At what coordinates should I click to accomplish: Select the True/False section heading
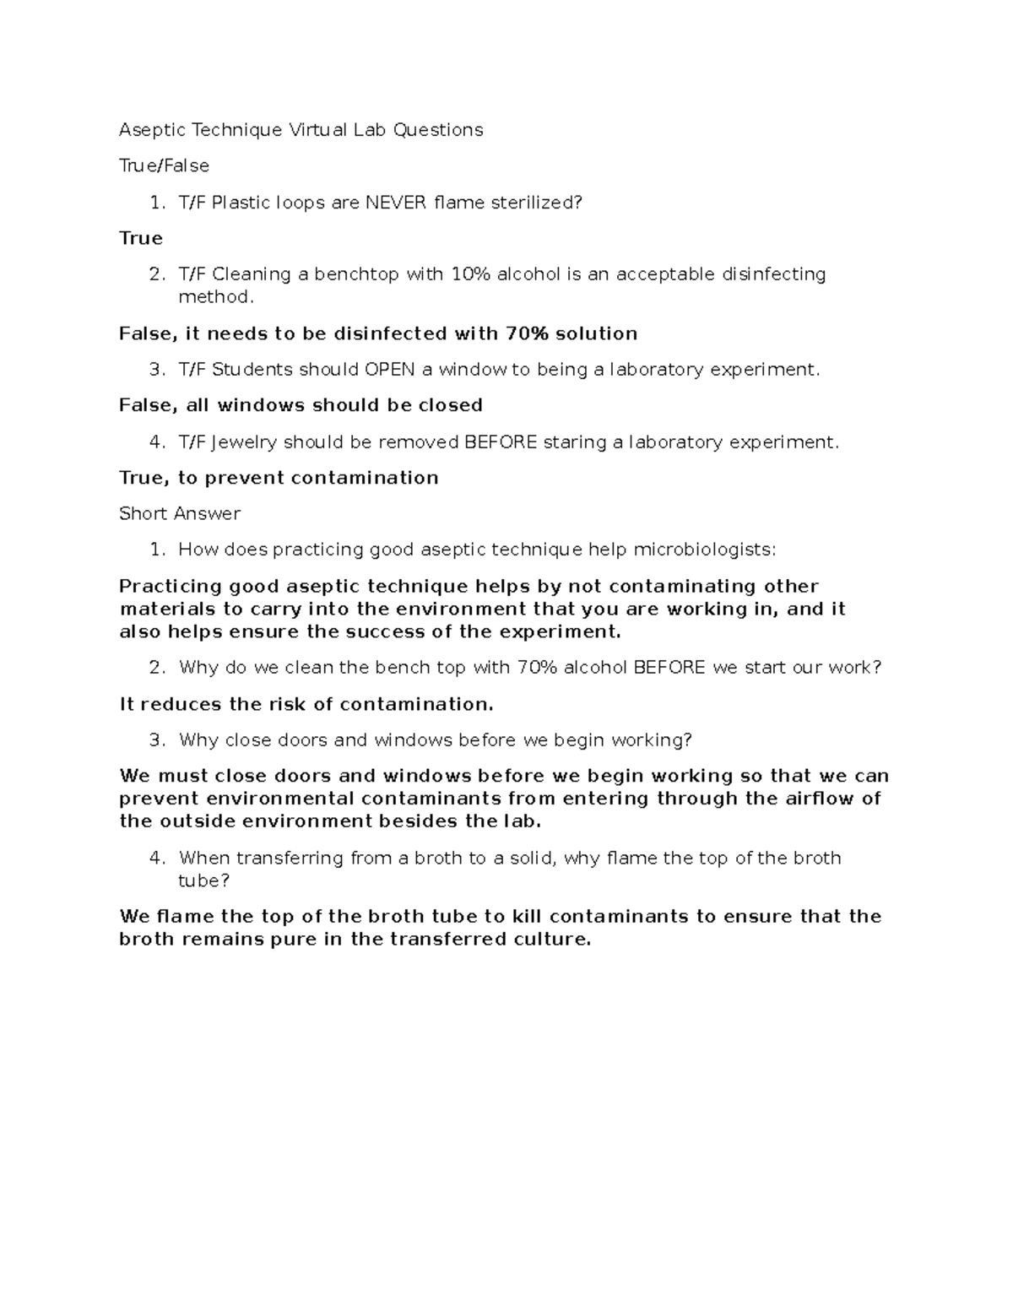164,165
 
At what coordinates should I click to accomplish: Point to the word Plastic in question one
242,203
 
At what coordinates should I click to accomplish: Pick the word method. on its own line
215,297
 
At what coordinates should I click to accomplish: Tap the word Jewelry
244,442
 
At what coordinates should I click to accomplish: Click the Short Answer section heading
180,514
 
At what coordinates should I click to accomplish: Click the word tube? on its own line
203,881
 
